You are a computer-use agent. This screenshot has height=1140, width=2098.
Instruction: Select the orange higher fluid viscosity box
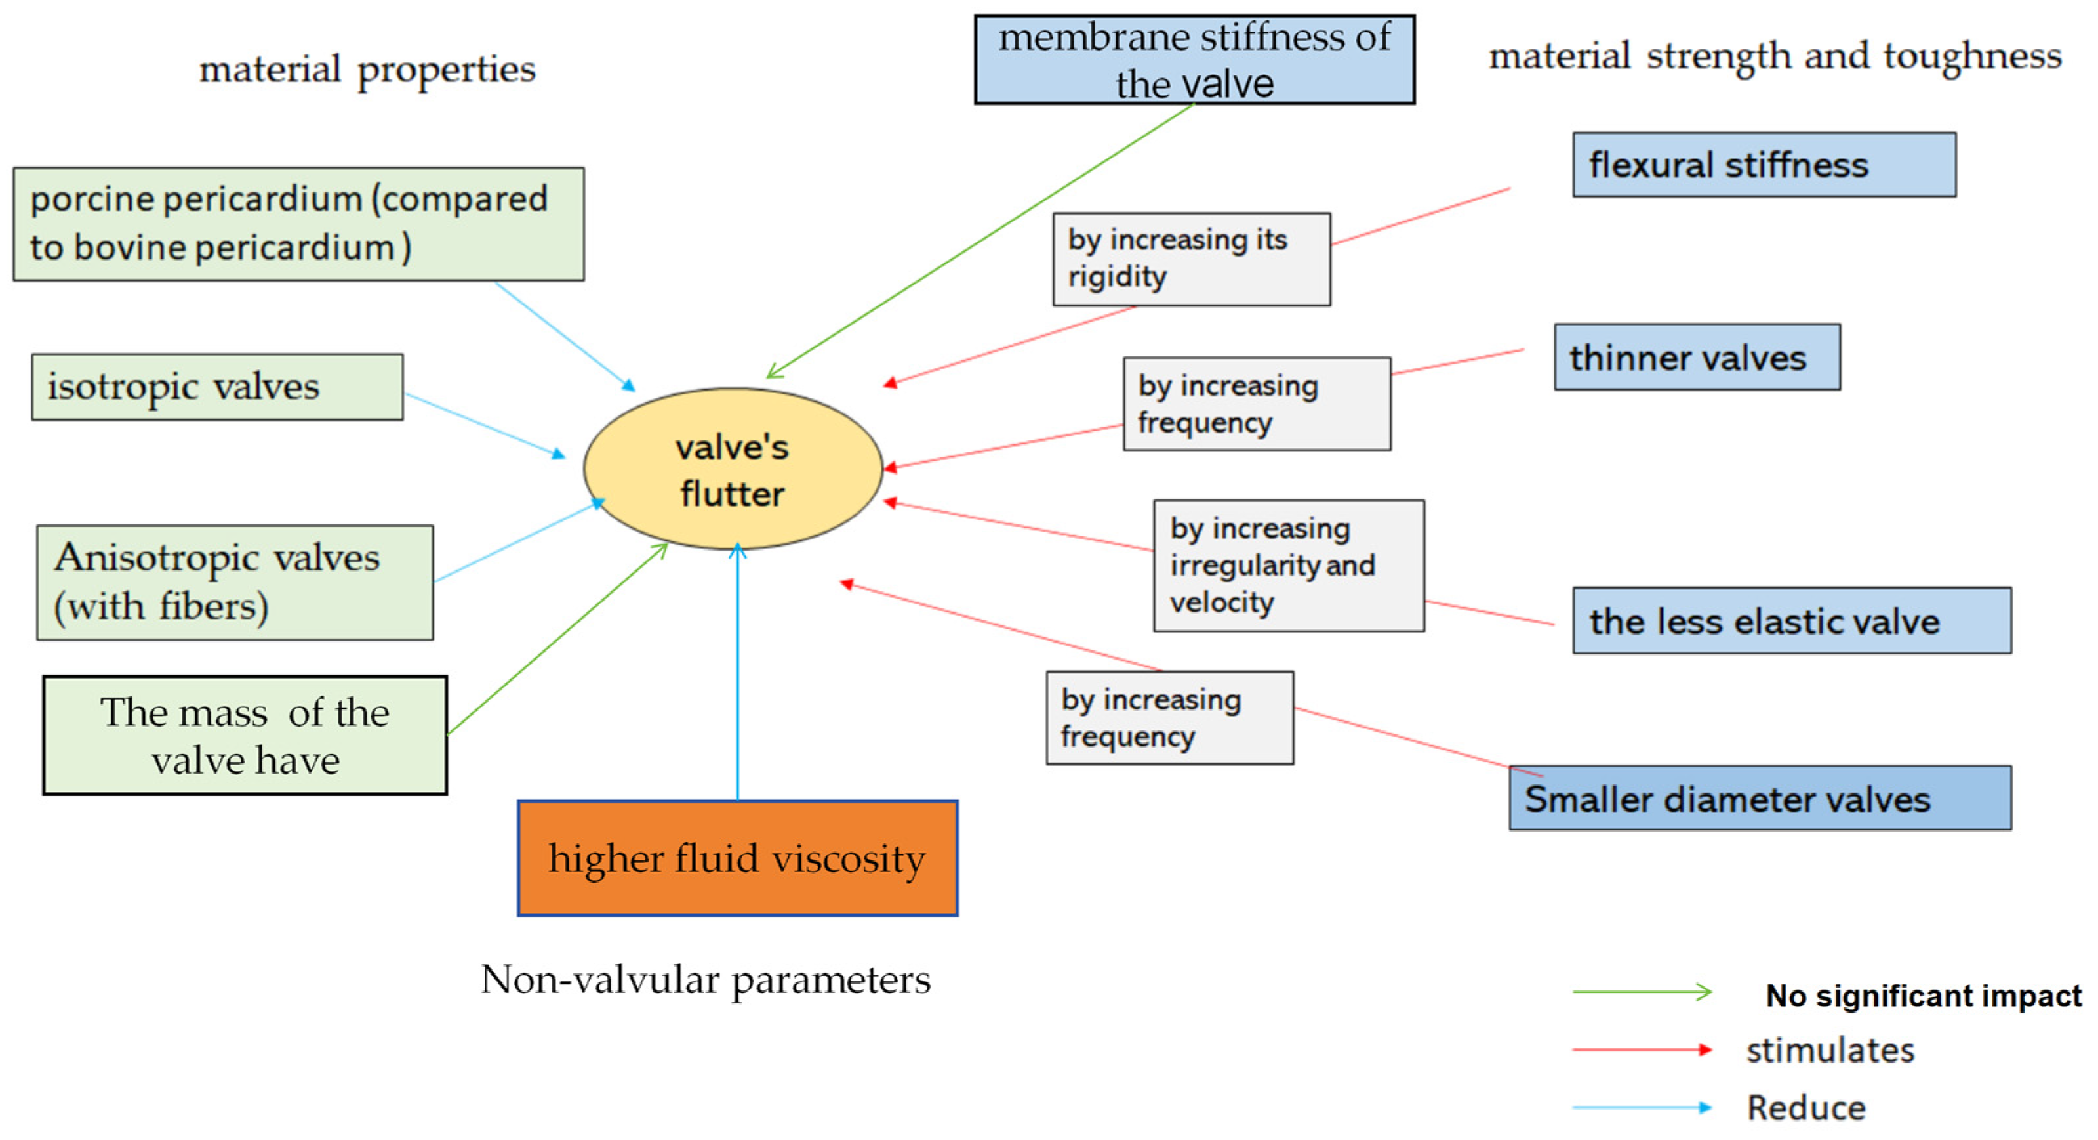[x=737, y=858]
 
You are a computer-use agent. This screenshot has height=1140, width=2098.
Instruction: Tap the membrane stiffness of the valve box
[x=1194, y=60]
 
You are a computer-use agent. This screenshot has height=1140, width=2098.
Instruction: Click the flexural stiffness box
[x=1764, y=165]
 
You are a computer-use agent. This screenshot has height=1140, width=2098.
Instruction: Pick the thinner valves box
[x=1697, y=358]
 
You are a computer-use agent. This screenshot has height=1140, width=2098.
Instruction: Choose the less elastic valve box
[x=1791, y=621]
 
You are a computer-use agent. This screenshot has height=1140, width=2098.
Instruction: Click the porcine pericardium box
[x=298, y=224]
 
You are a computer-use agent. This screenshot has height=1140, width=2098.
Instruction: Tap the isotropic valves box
[x=216, y=387]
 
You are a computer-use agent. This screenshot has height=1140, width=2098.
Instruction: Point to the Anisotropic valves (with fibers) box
[x=235, y=583]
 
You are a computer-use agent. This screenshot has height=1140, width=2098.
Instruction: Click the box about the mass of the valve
[x=245, y=736]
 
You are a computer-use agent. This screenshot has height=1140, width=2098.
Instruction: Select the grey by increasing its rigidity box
[x=1191, y=259]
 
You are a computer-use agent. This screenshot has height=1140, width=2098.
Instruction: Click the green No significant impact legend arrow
[x=1641, y=992]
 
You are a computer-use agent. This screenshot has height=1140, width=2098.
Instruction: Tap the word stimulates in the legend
[x=1829, y=1050]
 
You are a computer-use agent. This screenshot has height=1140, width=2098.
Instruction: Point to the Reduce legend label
[x=1805, y=1107]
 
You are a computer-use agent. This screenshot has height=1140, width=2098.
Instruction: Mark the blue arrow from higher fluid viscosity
[x=738, y=677]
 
